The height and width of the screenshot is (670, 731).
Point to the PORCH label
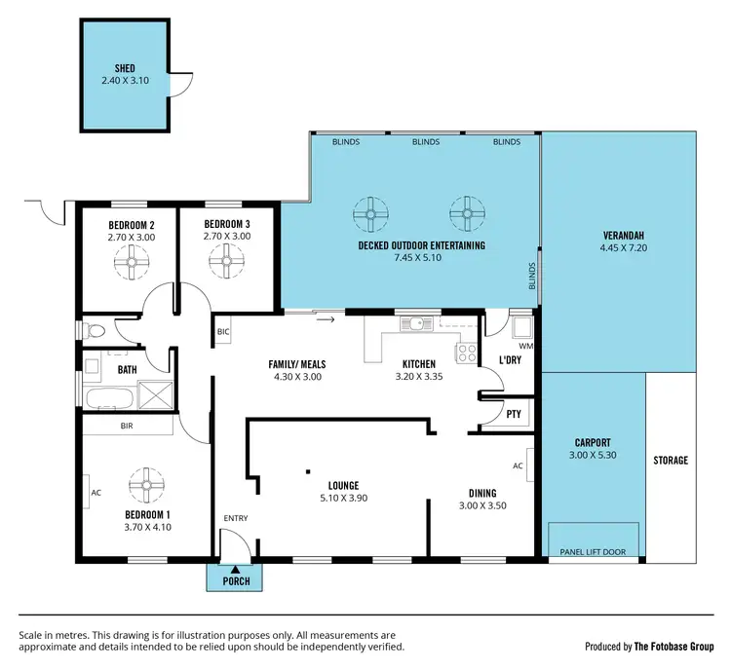tap(234, 581)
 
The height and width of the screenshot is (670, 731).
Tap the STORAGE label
tap(671, 461)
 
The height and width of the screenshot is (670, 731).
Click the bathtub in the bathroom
tap(108, 398)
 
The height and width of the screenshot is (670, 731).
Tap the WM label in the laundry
tap(525, 346)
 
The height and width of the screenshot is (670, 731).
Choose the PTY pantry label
tap(513, 414)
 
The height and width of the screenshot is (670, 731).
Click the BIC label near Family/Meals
tap(223, 332)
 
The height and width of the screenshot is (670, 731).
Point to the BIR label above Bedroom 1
tap(126, 426)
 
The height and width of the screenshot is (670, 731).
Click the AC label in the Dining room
tap(519, 465)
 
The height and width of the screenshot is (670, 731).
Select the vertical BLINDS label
tap(532, 276)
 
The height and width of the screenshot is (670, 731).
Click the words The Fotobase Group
tap(674, 646)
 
